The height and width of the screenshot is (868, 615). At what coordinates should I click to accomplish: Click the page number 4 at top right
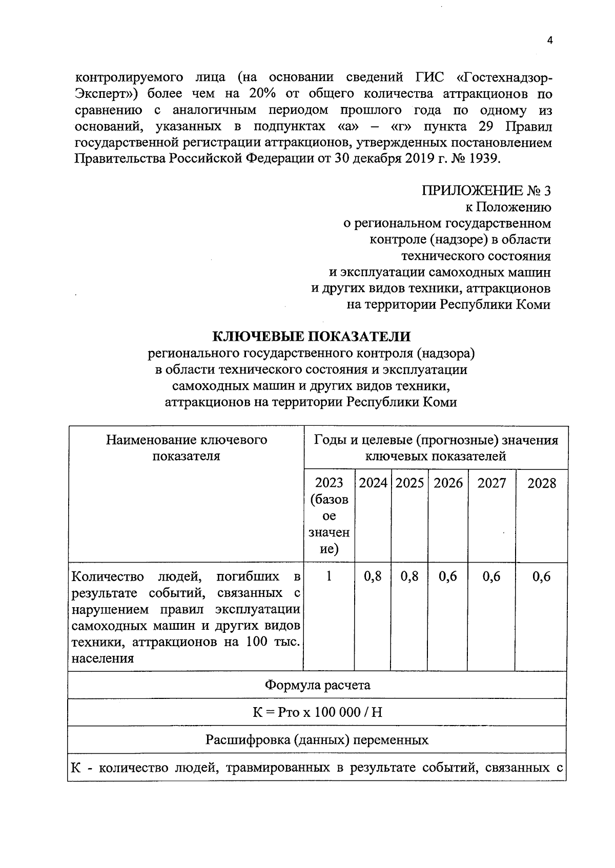[x=550, y=41]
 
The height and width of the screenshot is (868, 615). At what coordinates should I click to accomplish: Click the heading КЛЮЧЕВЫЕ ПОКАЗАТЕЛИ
[x=312, y=336]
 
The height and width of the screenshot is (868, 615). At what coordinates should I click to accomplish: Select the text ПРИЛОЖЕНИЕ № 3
[x=486, y=191]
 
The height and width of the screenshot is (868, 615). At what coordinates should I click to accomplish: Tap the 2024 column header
[x=373, y=483]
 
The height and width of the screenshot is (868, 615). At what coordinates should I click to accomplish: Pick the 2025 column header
[x=409, y=483]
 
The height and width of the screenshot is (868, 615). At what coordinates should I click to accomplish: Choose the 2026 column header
[x=448, y=483]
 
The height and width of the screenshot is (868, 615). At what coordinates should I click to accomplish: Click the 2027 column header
[x=491, y=483]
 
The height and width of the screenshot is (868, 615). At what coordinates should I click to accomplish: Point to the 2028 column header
[x=542, y=483]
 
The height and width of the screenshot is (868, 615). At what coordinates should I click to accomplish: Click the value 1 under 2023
[x=329, y=576]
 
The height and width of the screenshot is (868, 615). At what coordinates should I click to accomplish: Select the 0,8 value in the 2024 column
[x=373, y=576]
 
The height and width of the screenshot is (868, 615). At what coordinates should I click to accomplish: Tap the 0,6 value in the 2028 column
[x=542, y=576]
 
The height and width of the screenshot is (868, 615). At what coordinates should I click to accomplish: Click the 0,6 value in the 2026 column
[x=448, y=576]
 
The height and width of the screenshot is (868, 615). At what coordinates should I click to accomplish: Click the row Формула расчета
[x=317, y=685]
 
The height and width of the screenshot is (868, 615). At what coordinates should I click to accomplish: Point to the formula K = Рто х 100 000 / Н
[x=317, y=712]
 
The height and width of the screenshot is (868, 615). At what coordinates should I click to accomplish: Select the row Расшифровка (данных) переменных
[x=317, y=740]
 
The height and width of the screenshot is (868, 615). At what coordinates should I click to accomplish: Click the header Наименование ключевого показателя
[x=187, y=448]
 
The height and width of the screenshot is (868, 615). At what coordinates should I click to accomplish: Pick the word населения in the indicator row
[x=102, y=658]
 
